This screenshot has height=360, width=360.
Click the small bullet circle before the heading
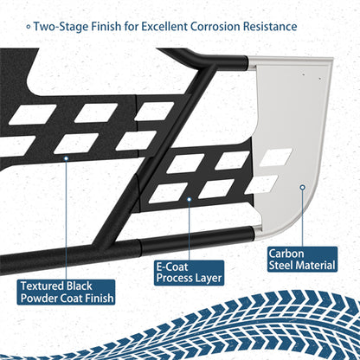point(29,27)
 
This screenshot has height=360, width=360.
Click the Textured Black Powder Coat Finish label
point(66,292)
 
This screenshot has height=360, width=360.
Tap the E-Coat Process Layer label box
point(189,273)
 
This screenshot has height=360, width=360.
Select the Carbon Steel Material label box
point(302,260)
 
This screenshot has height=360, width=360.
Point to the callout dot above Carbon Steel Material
point(302,187)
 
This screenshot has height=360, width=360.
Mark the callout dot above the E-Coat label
point(190,199)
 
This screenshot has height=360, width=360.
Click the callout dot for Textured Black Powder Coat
point(66,158)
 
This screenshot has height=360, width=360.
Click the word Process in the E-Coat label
point(172,279)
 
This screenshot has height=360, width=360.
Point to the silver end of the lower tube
point(259,234)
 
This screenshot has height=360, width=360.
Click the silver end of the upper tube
point(252,63)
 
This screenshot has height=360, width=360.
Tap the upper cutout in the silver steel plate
point(276,157)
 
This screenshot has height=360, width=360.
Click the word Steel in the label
point(281,265)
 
